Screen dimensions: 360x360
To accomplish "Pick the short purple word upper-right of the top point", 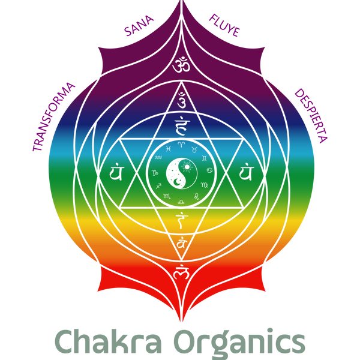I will [224, 26].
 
